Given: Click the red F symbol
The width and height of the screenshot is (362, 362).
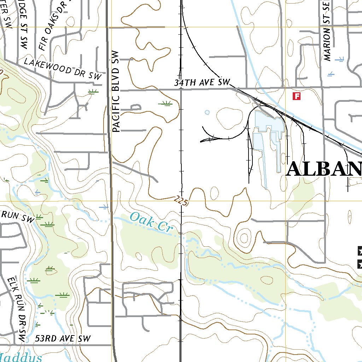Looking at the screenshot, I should (x=297, y=96).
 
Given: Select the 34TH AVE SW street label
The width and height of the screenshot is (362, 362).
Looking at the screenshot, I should (x=202, y=83).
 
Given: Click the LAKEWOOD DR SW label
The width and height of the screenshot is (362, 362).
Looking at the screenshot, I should (x=63, y=69).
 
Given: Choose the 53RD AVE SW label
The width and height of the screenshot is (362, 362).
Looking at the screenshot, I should (x=63, y=338).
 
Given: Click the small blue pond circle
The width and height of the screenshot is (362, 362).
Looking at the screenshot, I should (x=207, y=112).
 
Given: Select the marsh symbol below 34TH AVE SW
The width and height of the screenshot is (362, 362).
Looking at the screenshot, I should (x=165, y=103).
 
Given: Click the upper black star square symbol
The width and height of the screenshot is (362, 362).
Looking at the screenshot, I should (x=360, y=251).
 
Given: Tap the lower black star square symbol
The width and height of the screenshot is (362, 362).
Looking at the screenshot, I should (x=360, y=263).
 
